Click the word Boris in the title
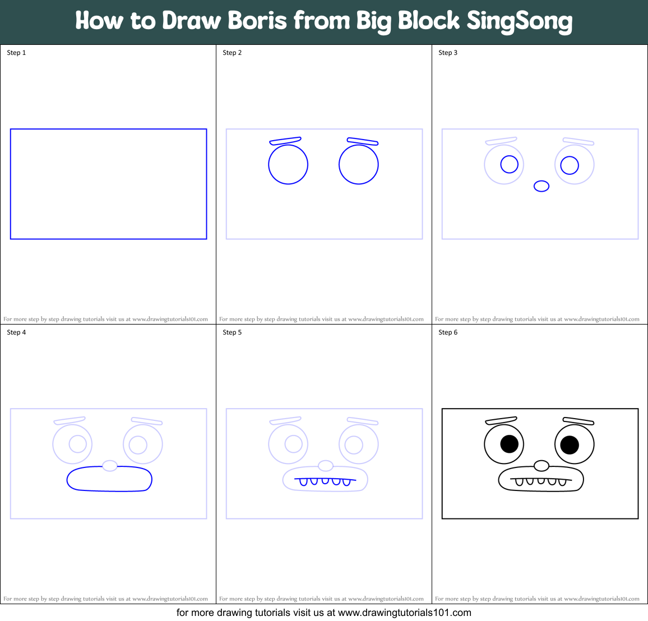(x=258, y=21)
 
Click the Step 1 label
(x=16, y=53)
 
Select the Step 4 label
(x=16, y=332)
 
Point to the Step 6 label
(x=448, y=332)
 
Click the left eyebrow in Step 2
(x=285, y=140)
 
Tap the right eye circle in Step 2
(x=359, y=164)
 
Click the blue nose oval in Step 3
(x=541, y=186)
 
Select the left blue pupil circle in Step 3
(x=509, y=164)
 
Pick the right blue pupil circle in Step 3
(x=570, y=165)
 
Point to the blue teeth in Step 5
(x=325, y=481)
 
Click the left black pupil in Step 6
(x=509, y=444)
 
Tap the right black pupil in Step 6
(x=570, y=445)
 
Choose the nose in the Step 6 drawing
(x=541, y=466)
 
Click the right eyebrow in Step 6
(x=578, y=421)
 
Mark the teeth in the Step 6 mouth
(x=541, y=481)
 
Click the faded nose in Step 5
(x=326, y=466)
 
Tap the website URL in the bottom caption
(x=405, y=613)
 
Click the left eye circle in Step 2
(x=288, y=164)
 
